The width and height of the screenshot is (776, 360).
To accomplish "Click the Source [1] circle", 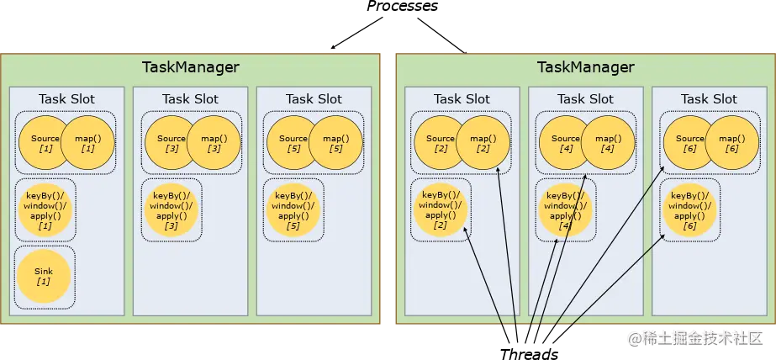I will (45, 143).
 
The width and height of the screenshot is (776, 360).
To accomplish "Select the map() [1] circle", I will (88, 143).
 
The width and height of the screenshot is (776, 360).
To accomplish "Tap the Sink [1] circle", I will (45, 278).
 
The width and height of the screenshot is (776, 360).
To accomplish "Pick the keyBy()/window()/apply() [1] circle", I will (45, 210).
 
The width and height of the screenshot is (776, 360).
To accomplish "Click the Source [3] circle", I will (171, 143).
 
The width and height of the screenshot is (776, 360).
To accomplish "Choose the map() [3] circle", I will (213, 143).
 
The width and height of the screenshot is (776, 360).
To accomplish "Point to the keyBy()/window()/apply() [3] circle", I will (171, 210).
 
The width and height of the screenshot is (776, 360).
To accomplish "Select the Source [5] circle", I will (293, 143).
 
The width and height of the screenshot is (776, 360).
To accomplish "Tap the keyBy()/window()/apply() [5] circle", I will (293, 210).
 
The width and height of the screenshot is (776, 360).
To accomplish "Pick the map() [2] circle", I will (483, 143).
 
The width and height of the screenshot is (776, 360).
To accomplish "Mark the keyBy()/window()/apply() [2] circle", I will (441, 210).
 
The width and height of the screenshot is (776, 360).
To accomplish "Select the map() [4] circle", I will (607, 143).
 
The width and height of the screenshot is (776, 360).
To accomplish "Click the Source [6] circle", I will (689, 143).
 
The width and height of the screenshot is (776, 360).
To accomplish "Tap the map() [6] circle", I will (731, 143).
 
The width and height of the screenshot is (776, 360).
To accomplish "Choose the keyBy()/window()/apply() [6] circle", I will (689, 210).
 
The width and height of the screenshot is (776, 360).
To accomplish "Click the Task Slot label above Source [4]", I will (585, 99).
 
